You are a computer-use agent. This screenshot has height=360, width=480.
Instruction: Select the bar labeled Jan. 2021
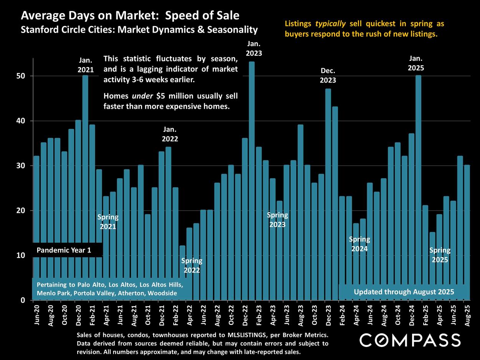(85, 161)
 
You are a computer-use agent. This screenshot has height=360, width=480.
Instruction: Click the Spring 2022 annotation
(192, 265)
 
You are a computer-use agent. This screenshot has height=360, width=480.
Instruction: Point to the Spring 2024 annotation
(359, 244)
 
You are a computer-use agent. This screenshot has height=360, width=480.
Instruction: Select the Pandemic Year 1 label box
(64, 251)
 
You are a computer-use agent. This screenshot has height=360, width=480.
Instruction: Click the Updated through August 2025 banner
(404, 292)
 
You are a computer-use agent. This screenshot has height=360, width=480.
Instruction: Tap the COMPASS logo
(410, 340)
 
